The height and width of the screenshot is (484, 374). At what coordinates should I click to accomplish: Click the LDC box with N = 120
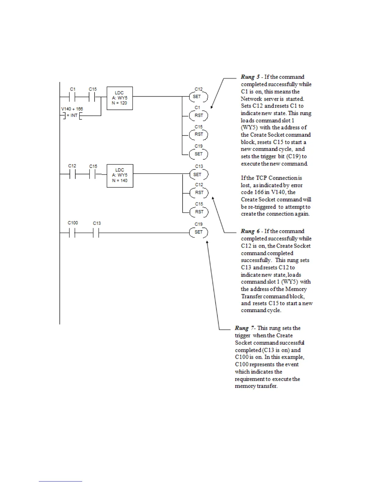click(119, 98)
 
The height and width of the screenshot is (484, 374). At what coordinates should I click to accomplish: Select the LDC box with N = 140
click(120, 175)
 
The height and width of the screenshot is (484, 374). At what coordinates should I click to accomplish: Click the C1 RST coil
click(199, 116)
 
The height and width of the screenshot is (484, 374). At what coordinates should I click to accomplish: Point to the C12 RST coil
click(199, 193)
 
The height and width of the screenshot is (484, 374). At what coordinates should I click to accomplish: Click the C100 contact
click(73, 233)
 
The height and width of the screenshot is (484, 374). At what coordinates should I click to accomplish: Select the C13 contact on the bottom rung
click(97, 233)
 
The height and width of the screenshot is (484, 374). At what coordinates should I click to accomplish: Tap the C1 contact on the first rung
click(73, 97)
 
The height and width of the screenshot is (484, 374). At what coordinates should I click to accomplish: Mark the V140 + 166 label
click(72, 109)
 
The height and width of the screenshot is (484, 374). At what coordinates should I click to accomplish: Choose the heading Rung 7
click(244, 328)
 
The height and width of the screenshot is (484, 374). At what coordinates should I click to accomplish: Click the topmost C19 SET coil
click(199, 154)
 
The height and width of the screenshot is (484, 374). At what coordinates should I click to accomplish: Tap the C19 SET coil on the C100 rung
click(199, 232)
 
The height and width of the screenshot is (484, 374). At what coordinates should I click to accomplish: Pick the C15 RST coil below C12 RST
click(199, 212)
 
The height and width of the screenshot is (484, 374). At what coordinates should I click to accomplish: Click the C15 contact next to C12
click(93, 174)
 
